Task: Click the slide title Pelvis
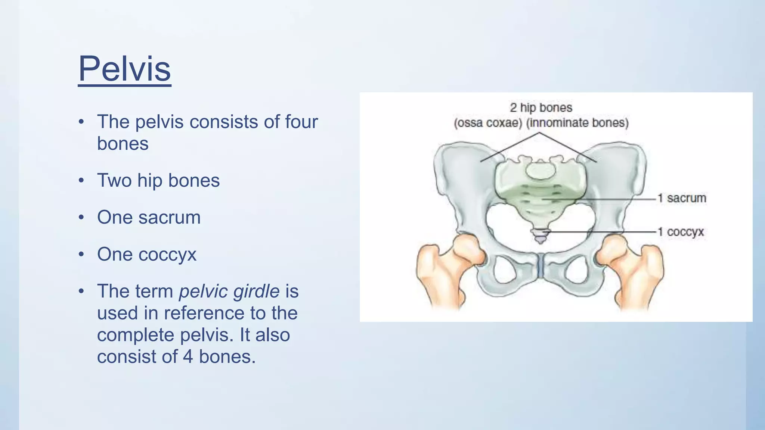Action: click(x=124, y=69)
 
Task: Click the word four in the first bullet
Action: click(x=301, y=122)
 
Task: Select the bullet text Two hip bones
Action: click(x=158, y=180)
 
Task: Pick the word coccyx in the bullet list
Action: click(x=167, y=254)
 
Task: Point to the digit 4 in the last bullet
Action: click(x=188, y=356)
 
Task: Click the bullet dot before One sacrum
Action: click(x=81, y=217)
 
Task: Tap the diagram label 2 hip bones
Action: click(x=541, y=108)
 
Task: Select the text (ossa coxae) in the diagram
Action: click(x=488, y=123)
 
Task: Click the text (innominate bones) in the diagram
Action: click(x=577, y=123)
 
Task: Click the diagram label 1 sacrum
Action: click(x=682, y=198)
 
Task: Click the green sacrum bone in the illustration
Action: click(x=541, y=194)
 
